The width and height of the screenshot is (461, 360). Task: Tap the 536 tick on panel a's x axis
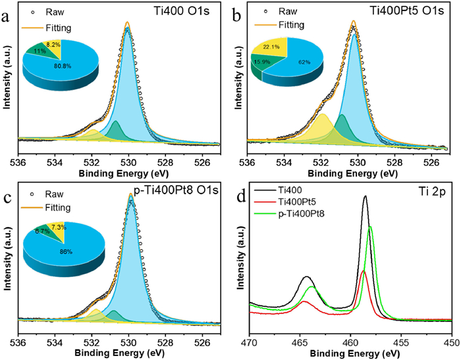tap(18, 163)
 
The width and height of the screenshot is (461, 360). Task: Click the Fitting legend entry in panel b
tap(283, 28)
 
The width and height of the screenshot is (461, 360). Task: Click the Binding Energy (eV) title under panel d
tap(351, 353)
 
